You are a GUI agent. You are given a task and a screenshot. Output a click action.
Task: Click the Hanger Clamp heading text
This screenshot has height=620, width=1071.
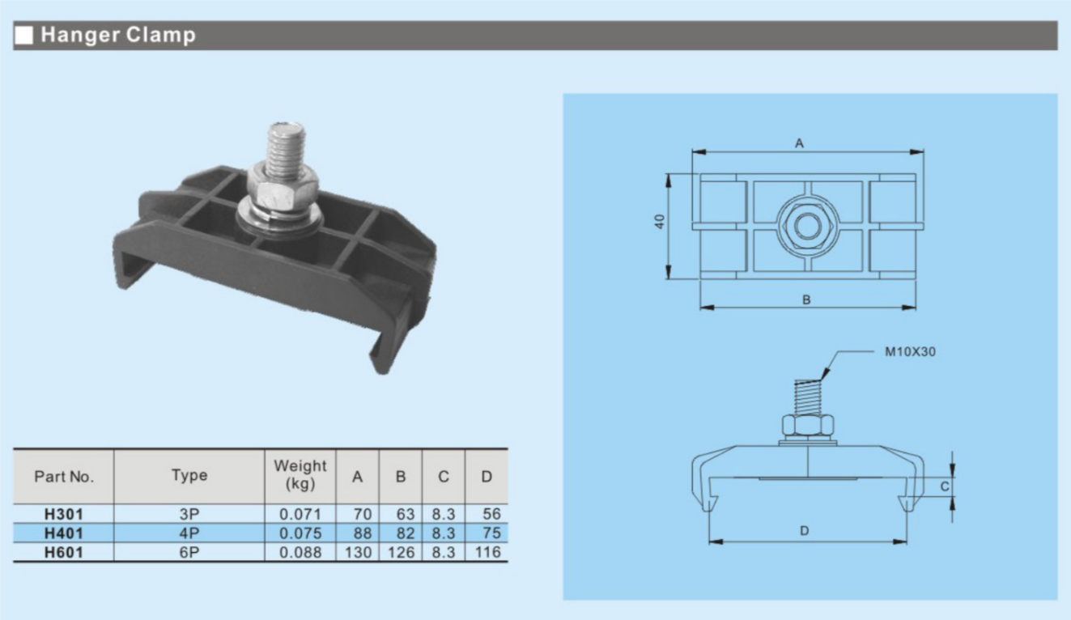[118, 36]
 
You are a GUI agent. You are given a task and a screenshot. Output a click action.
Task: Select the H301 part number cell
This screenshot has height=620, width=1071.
[64, 514]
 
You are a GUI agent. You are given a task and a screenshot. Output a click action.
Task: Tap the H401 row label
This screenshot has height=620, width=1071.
[64, 533]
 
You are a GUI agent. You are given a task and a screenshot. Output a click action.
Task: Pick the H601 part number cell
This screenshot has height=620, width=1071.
[64, 553]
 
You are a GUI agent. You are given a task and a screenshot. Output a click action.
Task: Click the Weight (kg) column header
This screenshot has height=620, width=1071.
[300, 476]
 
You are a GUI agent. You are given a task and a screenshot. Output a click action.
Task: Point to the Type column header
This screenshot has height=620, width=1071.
[189, 476]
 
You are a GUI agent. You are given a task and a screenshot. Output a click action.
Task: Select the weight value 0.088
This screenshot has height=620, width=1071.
[300, 553]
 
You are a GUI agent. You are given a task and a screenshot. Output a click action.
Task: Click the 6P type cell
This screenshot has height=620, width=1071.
[189, 553]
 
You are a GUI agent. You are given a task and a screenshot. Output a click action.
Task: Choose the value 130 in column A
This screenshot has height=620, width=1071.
[357, 553]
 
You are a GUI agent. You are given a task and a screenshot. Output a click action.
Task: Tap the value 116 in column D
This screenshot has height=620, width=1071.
[487, 553]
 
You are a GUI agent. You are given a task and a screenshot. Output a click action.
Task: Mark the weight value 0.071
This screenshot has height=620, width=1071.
[300, 514]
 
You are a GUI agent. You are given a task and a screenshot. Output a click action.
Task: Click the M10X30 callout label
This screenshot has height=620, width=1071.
[910, 352]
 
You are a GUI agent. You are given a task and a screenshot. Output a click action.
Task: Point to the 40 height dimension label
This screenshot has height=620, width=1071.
[660, 221]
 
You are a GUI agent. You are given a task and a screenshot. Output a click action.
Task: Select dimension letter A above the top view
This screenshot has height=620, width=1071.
[800, 143]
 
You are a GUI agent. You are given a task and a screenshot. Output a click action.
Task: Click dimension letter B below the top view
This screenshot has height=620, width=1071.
[806, 299]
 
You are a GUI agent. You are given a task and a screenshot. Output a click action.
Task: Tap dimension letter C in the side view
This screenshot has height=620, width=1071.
[944, 486]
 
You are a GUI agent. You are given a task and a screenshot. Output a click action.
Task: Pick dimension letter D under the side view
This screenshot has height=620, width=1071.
[804, 532]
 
